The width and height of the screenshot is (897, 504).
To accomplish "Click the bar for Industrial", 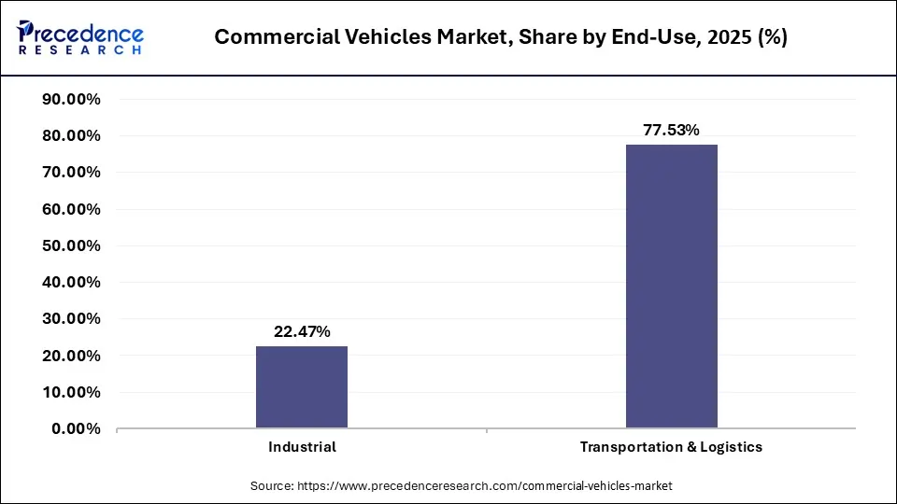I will pos(302,387).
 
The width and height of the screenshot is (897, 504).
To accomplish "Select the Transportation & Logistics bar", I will pos(671,287).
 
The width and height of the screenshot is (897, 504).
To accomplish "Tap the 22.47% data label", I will pos(302,331).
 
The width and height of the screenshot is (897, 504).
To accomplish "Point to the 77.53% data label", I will pos(671,130).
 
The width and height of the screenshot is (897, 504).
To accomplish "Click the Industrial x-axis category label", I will pos(302,447).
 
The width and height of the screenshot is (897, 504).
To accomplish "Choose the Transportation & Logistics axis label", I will pos(671,447).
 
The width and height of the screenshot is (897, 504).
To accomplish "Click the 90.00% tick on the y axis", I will pos(72,100).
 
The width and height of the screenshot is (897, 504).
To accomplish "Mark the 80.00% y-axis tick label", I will pos(72,136).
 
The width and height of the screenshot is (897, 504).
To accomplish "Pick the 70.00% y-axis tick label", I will pos(72,173).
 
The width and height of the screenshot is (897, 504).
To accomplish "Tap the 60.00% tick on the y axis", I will pos(72,209).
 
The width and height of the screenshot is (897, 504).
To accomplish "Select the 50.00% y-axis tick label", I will pos(72,246).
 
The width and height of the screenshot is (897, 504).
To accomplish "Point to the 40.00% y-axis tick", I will pos(72,283).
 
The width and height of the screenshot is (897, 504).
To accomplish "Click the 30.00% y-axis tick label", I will pos(72,319).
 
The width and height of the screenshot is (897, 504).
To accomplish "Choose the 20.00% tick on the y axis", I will pos(72,356).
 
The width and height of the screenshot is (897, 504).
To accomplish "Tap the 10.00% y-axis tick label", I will pos(72,392).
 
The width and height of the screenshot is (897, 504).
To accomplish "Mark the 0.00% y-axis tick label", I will pos(76,429).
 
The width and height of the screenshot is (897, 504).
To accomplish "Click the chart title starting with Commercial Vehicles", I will pos(500,37).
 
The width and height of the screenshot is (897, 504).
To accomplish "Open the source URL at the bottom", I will pos(462,486).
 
